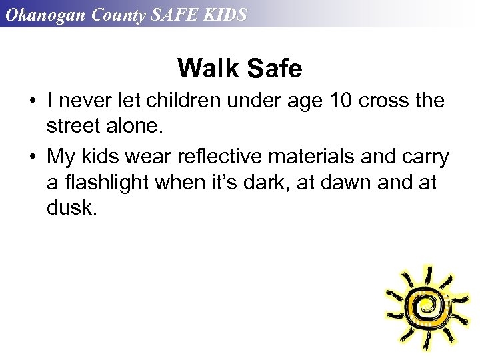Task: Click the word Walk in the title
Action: [x=209, y=68]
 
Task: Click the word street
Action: [x=75, y=127]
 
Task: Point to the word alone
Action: [x=136, y=127]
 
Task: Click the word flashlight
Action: [x=105, y=183]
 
